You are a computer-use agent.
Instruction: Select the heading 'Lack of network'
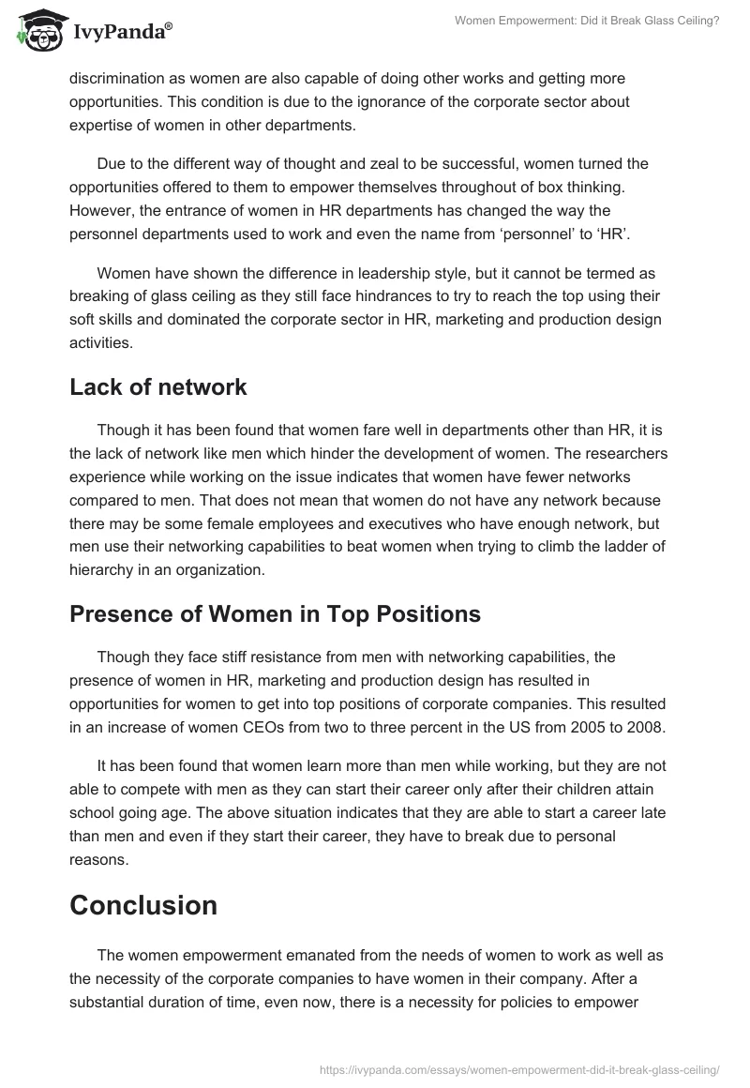158,385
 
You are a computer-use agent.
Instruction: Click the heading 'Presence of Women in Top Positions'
275,613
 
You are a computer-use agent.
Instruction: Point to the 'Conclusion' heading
143,904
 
